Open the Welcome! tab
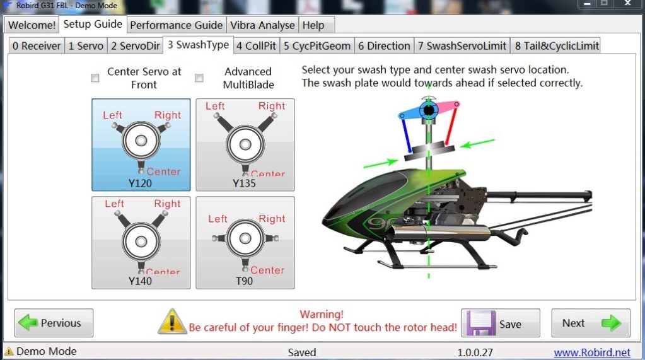point(32,25)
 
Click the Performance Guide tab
point(176,25)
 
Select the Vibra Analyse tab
point(262,25)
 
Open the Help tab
point(313,25)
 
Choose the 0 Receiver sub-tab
point(37,45)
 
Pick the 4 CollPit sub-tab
point(256,45)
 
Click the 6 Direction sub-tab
point(384,45)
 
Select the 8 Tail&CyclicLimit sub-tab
point(557,45)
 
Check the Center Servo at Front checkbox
point(95,78)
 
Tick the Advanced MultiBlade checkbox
point(199,78)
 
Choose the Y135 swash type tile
point(245,145)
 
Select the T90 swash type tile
point(245,243)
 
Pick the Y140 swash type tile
point(141,243)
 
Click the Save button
point(501,323)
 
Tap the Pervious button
point(54,323)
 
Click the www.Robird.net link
point(592,352)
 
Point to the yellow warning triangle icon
point(172,322)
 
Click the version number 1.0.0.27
point(475,352)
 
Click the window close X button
point(628,4)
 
